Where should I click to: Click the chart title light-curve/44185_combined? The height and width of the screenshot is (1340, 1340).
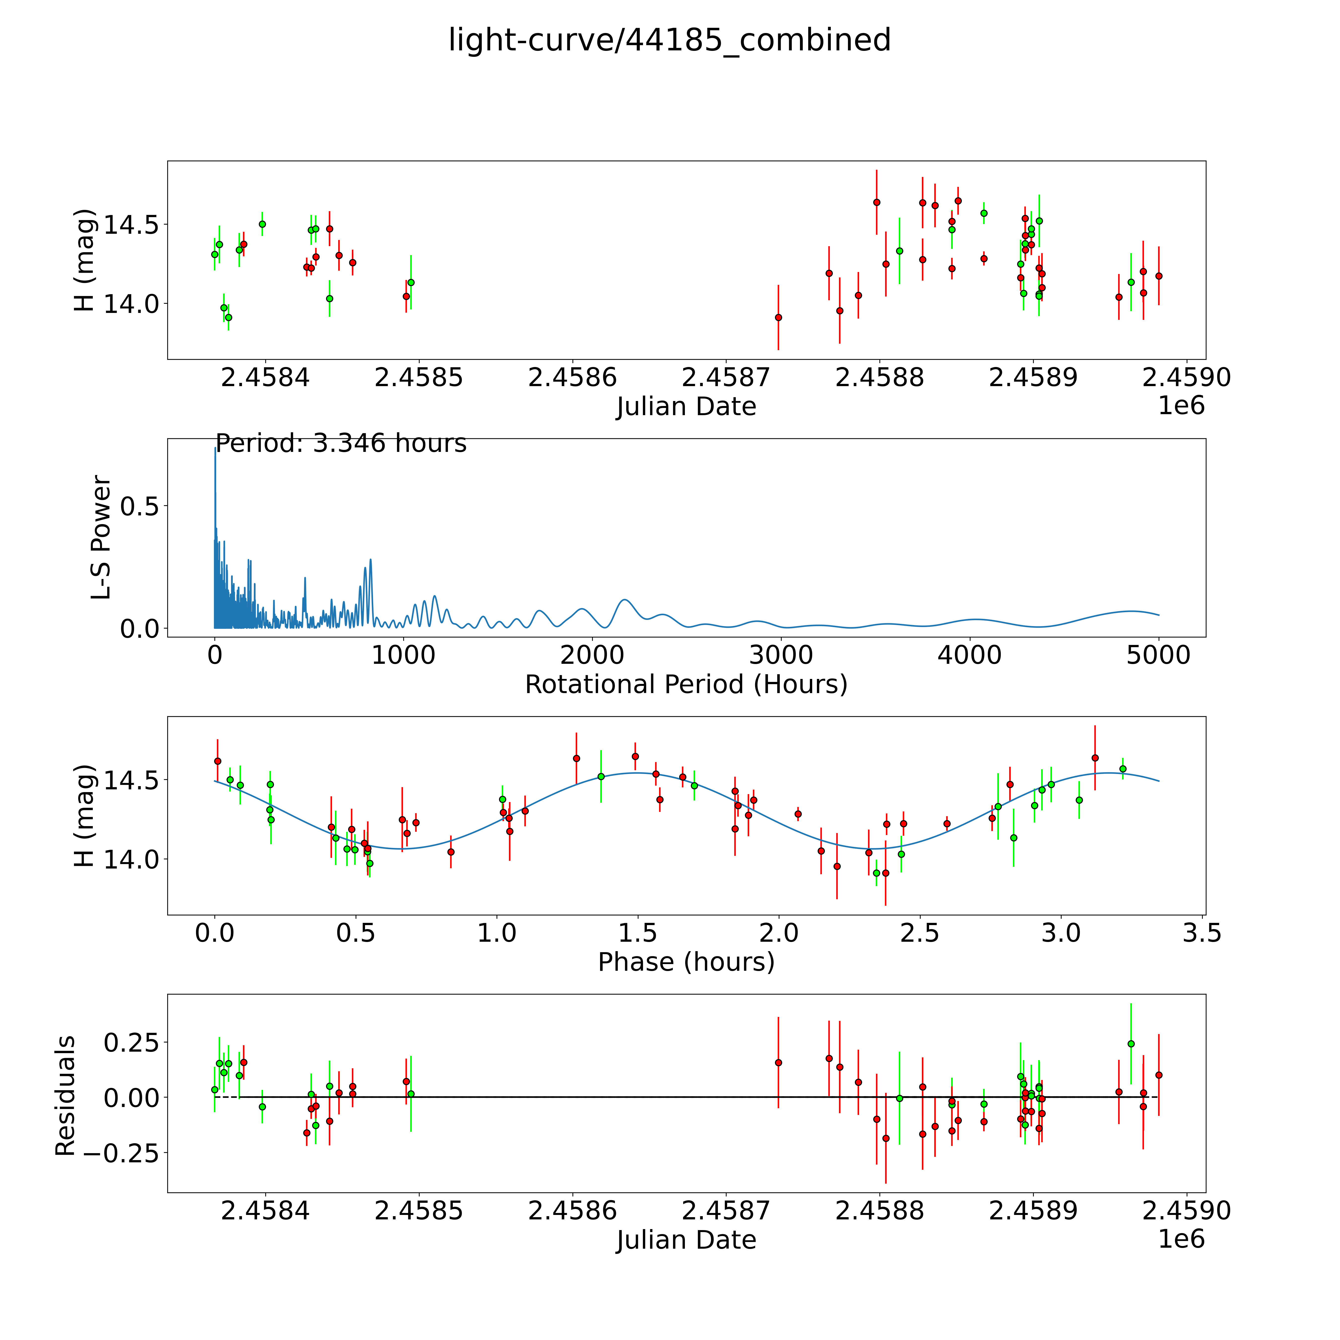click(x=669, y=40)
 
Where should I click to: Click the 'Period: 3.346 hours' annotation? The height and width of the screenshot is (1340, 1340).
click(x=340, y=443)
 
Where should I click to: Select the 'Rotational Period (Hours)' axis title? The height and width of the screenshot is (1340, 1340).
click(x=686, y=685)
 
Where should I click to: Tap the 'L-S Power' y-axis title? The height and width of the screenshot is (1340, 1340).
click(x=101, y=537)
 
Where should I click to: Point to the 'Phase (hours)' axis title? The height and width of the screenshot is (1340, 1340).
click(x=686, y=962)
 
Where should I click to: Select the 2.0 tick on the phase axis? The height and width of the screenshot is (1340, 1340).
click(x=779, y=933)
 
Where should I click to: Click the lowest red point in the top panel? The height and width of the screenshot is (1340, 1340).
click(x=778, y=318)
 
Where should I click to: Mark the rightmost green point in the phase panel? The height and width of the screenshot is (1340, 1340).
click(x=1123, y=769)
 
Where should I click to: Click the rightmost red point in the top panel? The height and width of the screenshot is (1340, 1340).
click(x=1158, y=276)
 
